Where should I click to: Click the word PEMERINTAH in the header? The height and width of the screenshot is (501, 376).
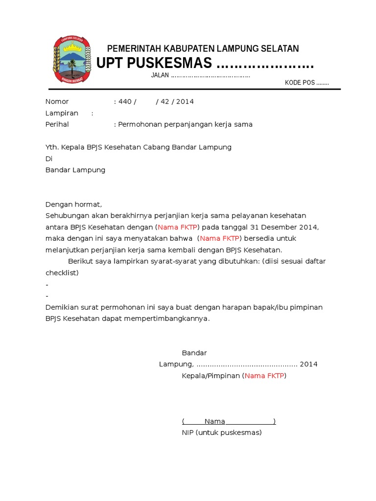click(133, 48)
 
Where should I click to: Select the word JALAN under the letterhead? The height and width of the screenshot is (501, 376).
click(160, 75)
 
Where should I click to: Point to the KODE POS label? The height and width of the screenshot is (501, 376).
click(300, 83)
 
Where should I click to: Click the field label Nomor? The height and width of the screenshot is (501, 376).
click(57, 102)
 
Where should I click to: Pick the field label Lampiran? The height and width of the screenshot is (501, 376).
click(62, 113)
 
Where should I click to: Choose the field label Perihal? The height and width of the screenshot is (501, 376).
click(57, 124)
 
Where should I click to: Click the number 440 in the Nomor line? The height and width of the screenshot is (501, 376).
click(125, 102)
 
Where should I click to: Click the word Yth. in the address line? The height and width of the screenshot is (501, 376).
click(52, 147)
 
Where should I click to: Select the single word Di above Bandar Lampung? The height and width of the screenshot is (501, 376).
click(48, 159)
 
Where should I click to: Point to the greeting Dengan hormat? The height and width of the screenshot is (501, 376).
click(73, 205)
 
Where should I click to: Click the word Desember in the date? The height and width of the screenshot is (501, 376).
click(282, 227)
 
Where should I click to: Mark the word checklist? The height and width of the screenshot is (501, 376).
click(62, 273)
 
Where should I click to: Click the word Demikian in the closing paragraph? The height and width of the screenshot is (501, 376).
click(61, 307)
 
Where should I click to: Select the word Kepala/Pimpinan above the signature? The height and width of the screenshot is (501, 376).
click(211, 376)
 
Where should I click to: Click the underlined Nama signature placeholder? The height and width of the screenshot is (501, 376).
click(215, 421)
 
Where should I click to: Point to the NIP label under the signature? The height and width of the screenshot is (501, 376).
click(188, 433)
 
